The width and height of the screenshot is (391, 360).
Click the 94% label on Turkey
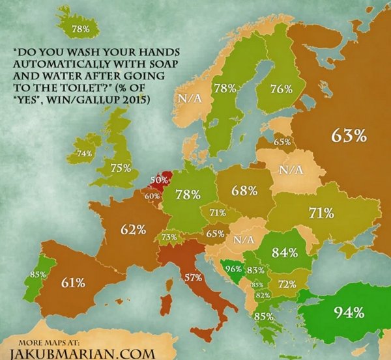point(348,312)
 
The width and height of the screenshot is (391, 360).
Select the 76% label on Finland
point(281,90)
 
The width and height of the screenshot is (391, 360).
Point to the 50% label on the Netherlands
point(159,179)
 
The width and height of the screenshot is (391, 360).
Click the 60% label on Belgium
point(152,195)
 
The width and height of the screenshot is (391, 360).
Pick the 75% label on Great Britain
point(121,168)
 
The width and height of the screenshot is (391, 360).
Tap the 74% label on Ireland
point(84,153)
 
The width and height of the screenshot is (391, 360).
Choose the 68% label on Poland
point(243,191)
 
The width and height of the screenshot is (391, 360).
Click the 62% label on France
point(132,229)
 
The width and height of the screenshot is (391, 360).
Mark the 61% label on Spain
point(73,282)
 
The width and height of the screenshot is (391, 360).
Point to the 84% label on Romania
point(284,252)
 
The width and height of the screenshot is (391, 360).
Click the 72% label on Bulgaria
point(287,284)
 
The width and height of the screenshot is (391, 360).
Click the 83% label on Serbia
point(255,270)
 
